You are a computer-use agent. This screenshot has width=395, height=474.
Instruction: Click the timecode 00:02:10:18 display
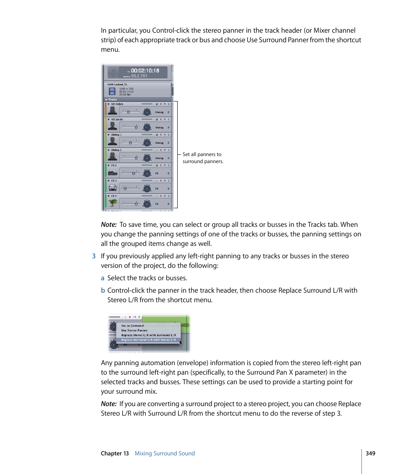pyautogui.click(x=145, y=71)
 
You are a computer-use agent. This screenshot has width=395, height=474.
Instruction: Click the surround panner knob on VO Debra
pyautogui.click(x=147, y=112)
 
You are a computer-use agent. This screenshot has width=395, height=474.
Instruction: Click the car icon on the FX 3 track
pyautogui.click(x=112, y=188)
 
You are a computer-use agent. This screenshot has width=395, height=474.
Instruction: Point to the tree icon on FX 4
pyautogui.click(x=112, y=203)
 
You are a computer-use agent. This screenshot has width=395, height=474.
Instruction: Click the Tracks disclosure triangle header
pyautogui.click(x=106, y=100)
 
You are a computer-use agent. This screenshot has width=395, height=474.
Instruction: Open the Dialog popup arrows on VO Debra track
pyautogui.click(x=169, y=112)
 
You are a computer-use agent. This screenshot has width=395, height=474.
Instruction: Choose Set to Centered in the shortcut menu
pyautogui.click(x=132, y=326)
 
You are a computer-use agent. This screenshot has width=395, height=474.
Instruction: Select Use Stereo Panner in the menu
pyautogui.click(x=134, y=330)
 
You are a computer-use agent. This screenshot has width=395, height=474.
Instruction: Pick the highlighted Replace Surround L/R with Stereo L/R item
pyautogui.click(x=148, y=340)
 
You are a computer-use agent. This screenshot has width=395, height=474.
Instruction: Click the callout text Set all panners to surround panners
pyautogui.click(x=202, y=158)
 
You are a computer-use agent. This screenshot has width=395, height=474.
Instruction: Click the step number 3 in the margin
pyautogui.click(x=94, y=256)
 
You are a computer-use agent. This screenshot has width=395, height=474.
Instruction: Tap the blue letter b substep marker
pyautogui.click(x=103, y=291)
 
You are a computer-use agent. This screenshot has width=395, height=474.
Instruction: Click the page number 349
pyautogui.click(x=370, y=453)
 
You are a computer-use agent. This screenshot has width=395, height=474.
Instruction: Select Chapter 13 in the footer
pyautogui.click(x=115, y=453)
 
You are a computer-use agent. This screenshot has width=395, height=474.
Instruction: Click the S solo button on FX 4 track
pyautogui.click(x=169, y=196)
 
